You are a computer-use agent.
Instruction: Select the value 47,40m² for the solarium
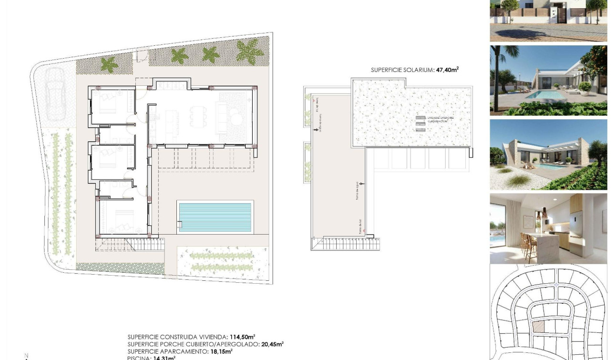click(x=447, y=70)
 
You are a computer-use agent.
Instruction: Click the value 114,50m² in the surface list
click(x=242, y=337)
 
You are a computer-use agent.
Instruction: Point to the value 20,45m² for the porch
click(x=272, y=344)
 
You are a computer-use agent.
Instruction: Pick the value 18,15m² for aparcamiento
click(x=221, y=351)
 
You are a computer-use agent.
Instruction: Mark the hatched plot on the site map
click(x=538, y=327)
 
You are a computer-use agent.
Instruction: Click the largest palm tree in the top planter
click(x=249, y=50)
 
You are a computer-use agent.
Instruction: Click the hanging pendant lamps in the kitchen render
click(x=541, y=215)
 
